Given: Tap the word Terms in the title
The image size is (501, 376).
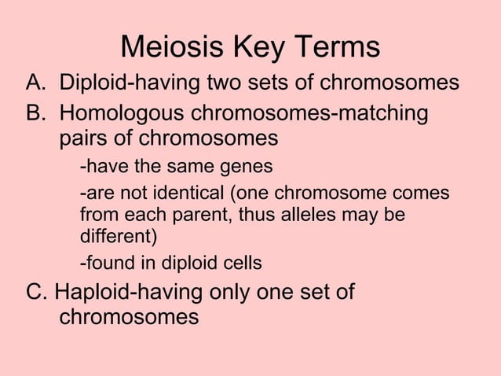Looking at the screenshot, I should [338, 48].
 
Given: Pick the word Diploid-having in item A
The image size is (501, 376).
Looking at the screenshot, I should [131, 83].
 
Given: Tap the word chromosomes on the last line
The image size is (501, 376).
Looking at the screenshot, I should [129, 319].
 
